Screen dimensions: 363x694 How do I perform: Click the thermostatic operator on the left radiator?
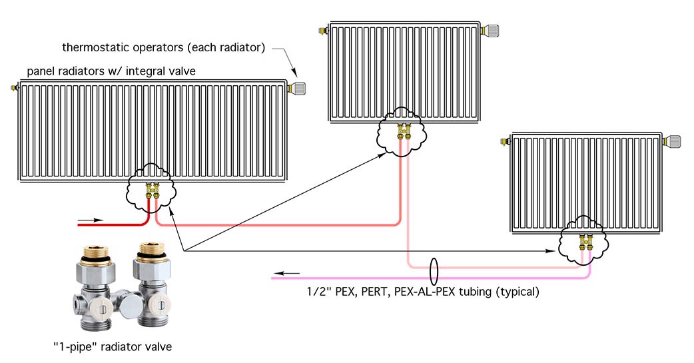(298, 87)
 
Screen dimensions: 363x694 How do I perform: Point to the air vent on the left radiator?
(14, 87)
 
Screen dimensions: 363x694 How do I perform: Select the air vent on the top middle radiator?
(324, 30)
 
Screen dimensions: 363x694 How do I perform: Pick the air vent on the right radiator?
(507, 141)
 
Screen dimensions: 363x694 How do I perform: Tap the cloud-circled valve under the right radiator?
(584, 242)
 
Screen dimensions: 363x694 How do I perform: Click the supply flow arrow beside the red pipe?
(90, 219)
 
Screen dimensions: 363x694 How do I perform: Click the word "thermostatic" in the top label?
(93, 48)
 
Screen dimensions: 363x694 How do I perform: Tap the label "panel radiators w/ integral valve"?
(111, 71)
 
